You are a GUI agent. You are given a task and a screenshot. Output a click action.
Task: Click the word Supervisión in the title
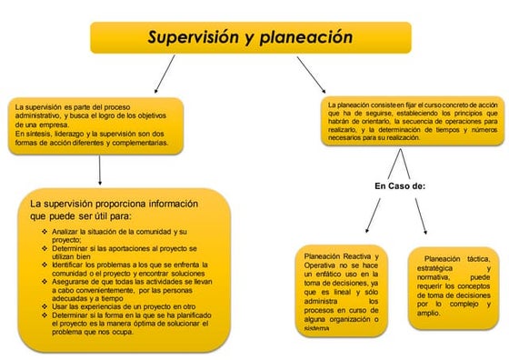pyautogui.click(x=191, y=37)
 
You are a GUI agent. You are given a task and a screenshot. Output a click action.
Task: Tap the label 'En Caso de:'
pyautogui.click(x=400, y=185)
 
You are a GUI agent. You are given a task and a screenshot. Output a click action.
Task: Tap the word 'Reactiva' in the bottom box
pyautogui.click(x=360, y=257)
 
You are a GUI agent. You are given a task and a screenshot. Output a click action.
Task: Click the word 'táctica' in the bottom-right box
pyautogui.click(x=473, y=259)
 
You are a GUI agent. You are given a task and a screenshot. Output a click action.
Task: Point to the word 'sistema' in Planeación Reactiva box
pyautogui.click(x=318, y=328)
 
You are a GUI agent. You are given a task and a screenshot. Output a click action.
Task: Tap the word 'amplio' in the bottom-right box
pyautogui.click(x=428, y=314)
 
